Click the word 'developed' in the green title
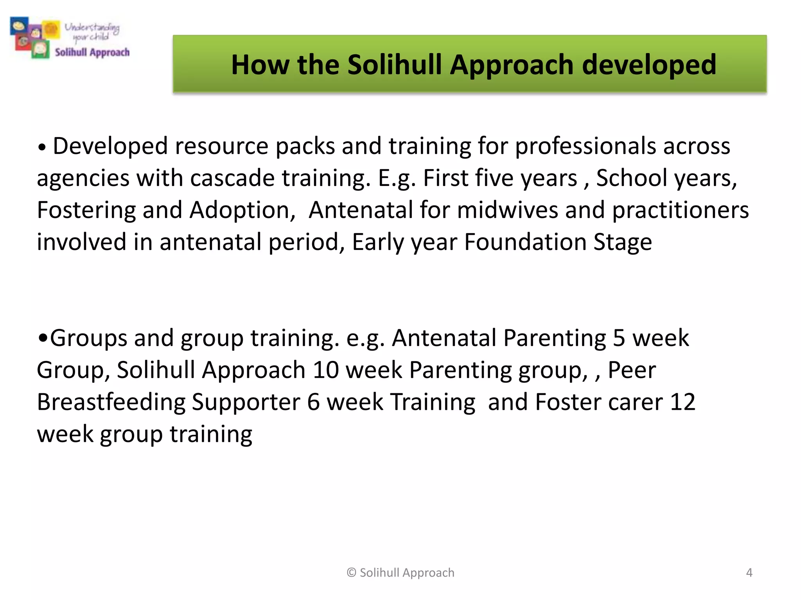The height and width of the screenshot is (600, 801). [x=649, y=65]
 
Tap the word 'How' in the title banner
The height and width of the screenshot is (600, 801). [x=260, y=65]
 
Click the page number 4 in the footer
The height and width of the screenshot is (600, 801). [x=749, y=573]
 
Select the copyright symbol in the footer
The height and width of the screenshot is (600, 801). [x=351, y=573]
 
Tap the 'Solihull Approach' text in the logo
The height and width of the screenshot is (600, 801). [x=92, y=52]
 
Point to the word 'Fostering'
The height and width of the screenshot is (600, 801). [x=86, y=210]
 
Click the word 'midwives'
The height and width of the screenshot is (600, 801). [x=507, y=210]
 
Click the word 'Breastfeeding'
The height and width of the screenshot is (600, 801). [x=111, y=402]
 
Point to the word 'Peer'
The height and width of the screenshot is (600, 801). [x=632, y=370]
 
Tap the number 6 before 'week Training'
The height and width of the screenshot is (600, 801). [x=313, y=402]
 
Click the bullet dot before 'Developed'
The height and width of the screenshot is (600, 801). [x=42, y=148]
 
